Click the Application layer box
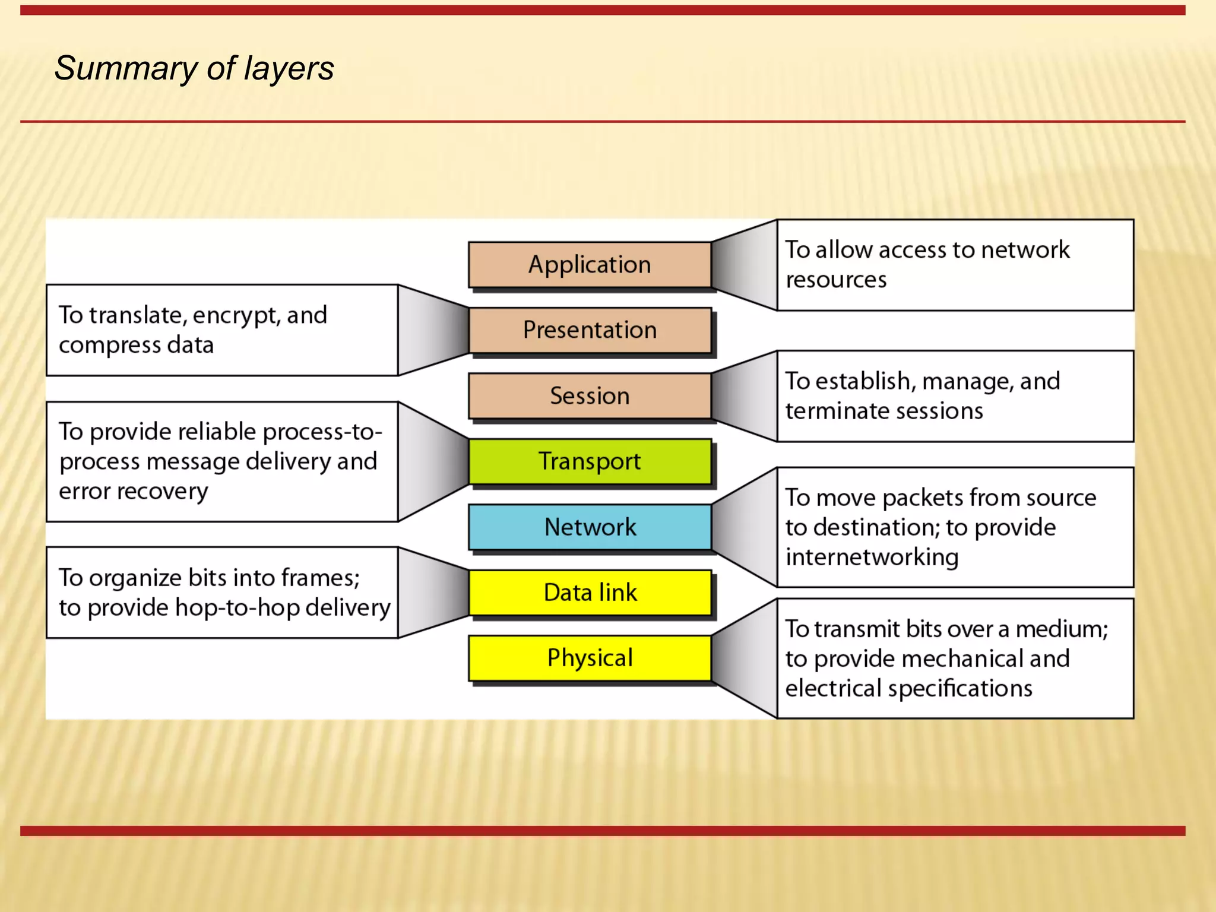[x=590, y=265]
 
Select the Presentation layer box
[x=590, y=330]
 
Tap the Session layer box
[x=590, y=396]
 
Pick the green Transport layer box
[x=590, y=461]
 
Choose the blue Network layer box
[x=590, y=527]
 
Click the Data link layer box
[x=590, y=593]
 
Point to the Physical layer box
[x=590, y=658]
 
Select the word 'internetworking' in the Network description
[x=872, y=558]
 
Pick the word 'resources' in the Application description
[x=836, y=280]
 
